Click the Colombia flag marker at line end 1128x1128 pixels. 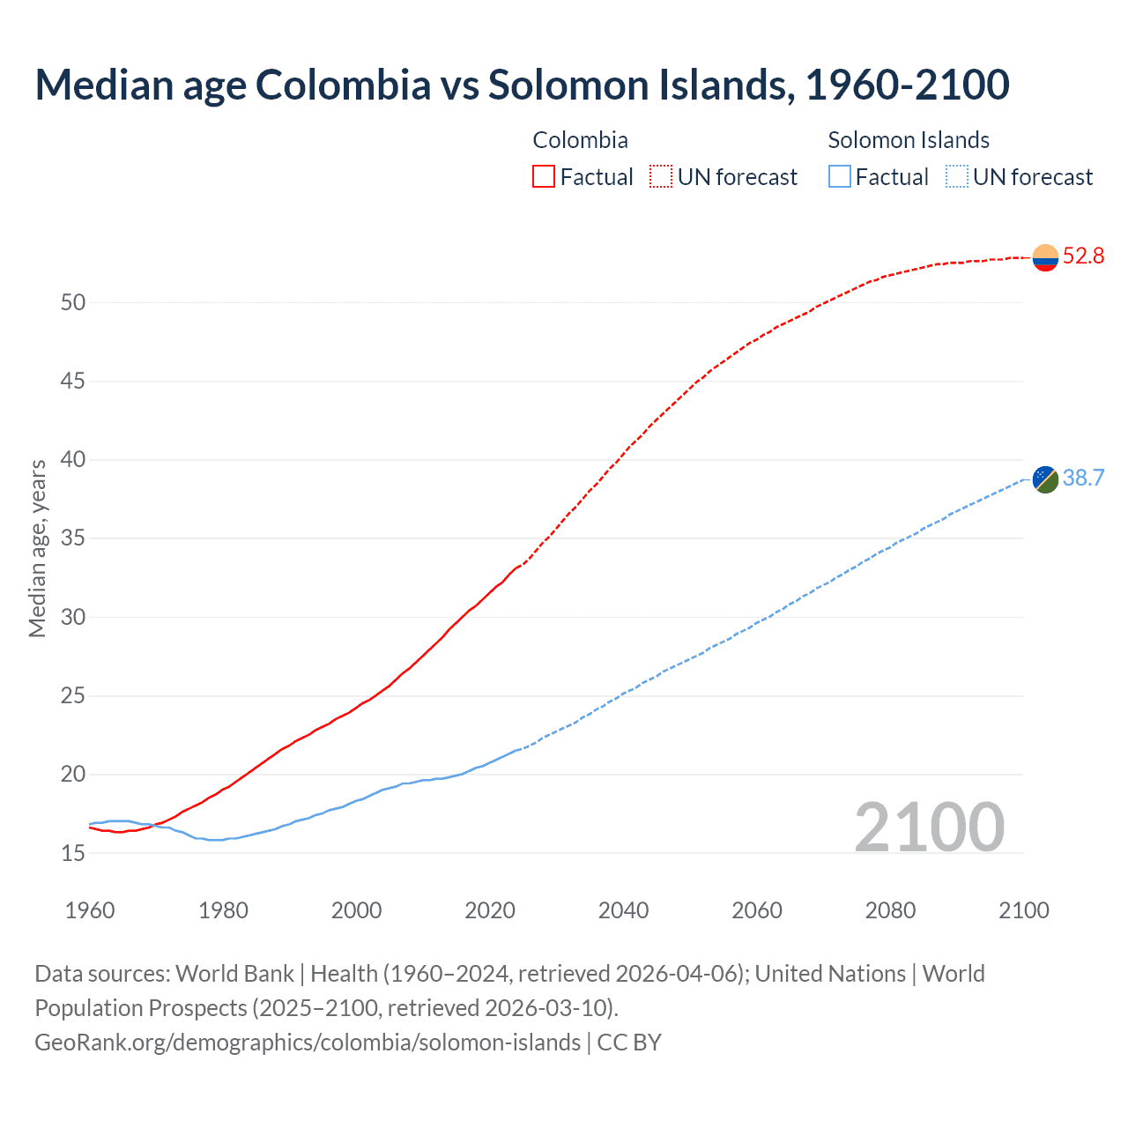pos(1045,257)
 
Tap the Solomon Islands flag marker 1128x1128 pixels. pos(1045,479)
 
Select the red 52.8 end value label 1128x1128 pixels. pos(1083,256)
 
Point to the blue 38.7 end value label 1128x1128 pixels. pos(1083,479)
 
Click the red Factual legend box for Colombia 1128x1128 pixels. pos(544,177)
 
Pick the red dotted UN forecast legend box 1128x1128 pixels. pos(661,177)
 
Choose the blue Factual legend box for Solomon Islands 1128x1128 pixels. pos(840,177)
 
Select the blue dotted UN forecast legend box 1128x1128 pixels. pos(956,177)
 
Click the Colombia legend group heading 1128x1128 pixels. pos(580,140)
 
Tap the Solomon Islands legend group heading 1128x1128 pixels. pos(908,140)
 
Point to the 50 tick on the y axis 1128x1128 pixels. pos(73,303)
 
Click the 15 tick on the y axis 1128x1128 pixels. pos(73,854)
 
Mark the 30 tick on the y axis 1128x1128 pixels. pos(73,618)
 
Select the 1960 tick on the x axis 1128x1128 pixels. pos(90,910)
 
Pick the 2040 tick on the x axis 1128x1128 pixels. pos(623,910)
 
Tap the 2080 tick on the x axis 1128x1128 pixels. pos(890,910)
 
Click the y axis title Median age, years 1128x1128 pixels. pos(37,548)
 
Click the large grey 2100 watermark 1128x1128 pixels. pos(929,827)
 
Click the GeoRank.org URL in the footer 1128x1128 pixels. pos(308,1043)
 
